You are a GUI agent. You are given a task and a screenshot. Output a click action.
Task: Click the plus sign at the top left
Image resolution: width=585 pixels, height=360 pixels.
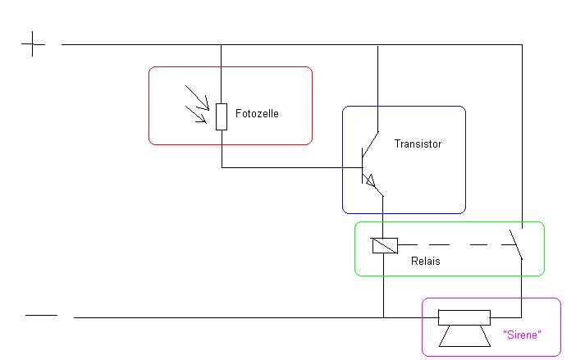[x=33, y=44]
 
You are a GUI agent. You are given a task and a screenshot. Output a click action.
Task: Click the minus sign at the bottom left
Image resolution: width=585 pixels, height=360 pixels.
[x=41, y=314]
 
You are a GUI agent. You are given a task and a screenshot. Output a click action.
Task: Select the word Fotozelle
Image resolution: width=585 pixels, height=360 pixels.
[x=257, y=114]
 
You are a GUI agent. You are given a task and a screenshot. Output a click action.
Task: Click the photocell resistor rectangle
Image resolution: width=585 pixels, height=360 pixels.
[x=222, y=116]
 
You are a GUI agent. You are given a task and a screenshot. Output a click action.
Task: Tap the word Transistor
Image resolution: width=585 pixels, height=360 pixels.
[x=418, y=144]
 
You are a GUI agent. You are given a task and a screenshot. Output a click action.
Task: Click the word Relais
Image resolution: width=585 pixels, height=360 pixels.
[x=426, y=262]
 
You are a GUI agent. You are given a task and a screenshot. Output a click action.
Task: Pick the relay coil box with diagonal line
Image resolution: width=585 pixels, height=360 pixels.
[x=384, y=244]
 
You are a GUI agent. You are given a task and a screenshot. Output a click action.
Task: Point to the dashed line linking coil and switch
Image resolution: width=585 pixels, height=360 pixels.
[x=451, y=244]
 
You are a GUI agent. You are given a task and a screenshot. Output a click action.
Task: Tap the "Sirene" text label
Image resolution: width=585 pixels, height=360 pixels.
[x=521, y=335]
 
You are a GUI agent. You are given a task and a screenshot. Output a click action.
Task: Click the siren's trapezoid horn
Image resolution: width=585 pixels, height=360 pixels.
[x=464, y=336]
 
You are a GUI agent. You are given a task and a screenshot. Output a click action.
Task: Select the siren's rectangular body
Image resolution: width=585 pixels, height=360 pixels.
[x=464, y=317]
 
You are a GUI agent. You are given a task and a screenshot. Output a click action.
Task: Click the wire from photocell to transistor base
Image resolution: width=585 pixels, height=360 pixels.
[x=287, y=167]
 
